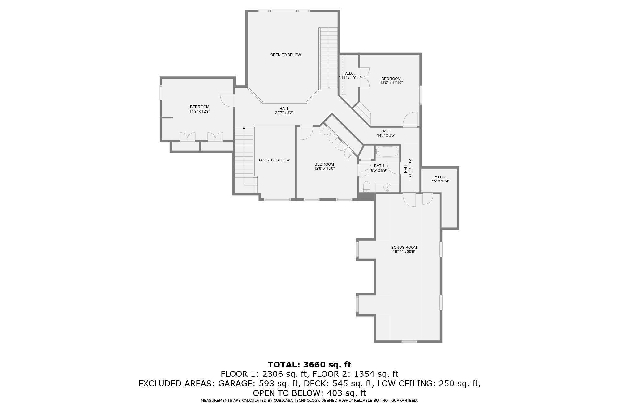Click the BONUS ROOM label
pos(404,248)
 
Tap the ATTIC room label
pos(440,177)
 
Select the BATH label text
pos(379,166)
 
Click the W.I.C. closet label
pos(349,74)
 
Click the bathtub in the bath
pos(387,151)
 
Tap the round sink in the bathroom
pos(387,187)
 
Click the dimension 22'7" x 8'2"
pos(284,113)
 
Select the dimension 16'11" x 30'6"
pos(404,252)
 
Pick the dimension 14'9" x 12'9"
pos(200,111)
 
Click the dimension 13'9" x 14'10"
pos(391,83)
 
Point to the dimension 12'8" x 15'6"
pos(324,168)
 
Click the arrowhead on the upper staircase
pos(329,87)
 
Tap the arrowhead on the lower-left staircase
pos(244,128)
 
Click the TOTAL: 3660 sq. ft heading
pos(309,364)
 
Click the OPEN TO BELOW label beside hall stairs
pos(274,160)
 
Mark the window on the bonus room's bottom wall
pos(409,341)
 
